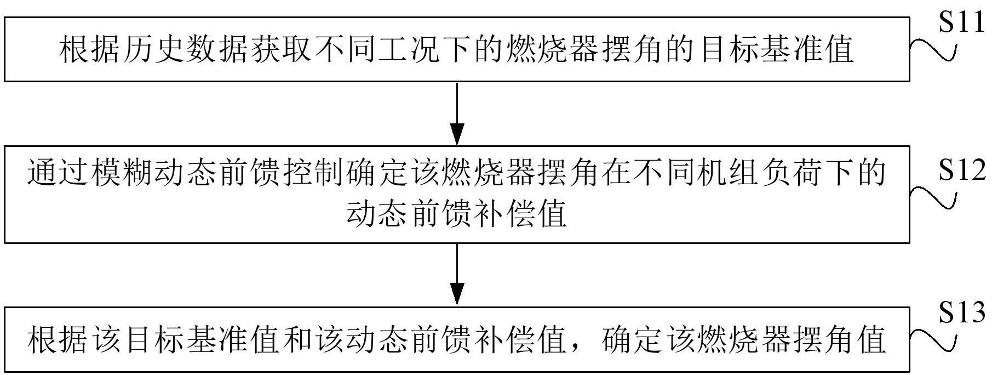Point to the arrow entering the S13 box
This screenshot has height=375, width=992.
[x=457, y=275]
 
